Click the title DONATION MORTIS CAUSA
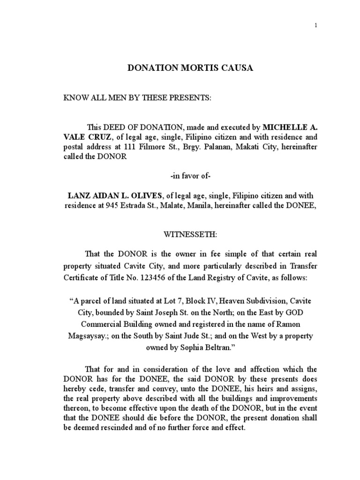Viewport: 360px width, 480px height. pos(190,68)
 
